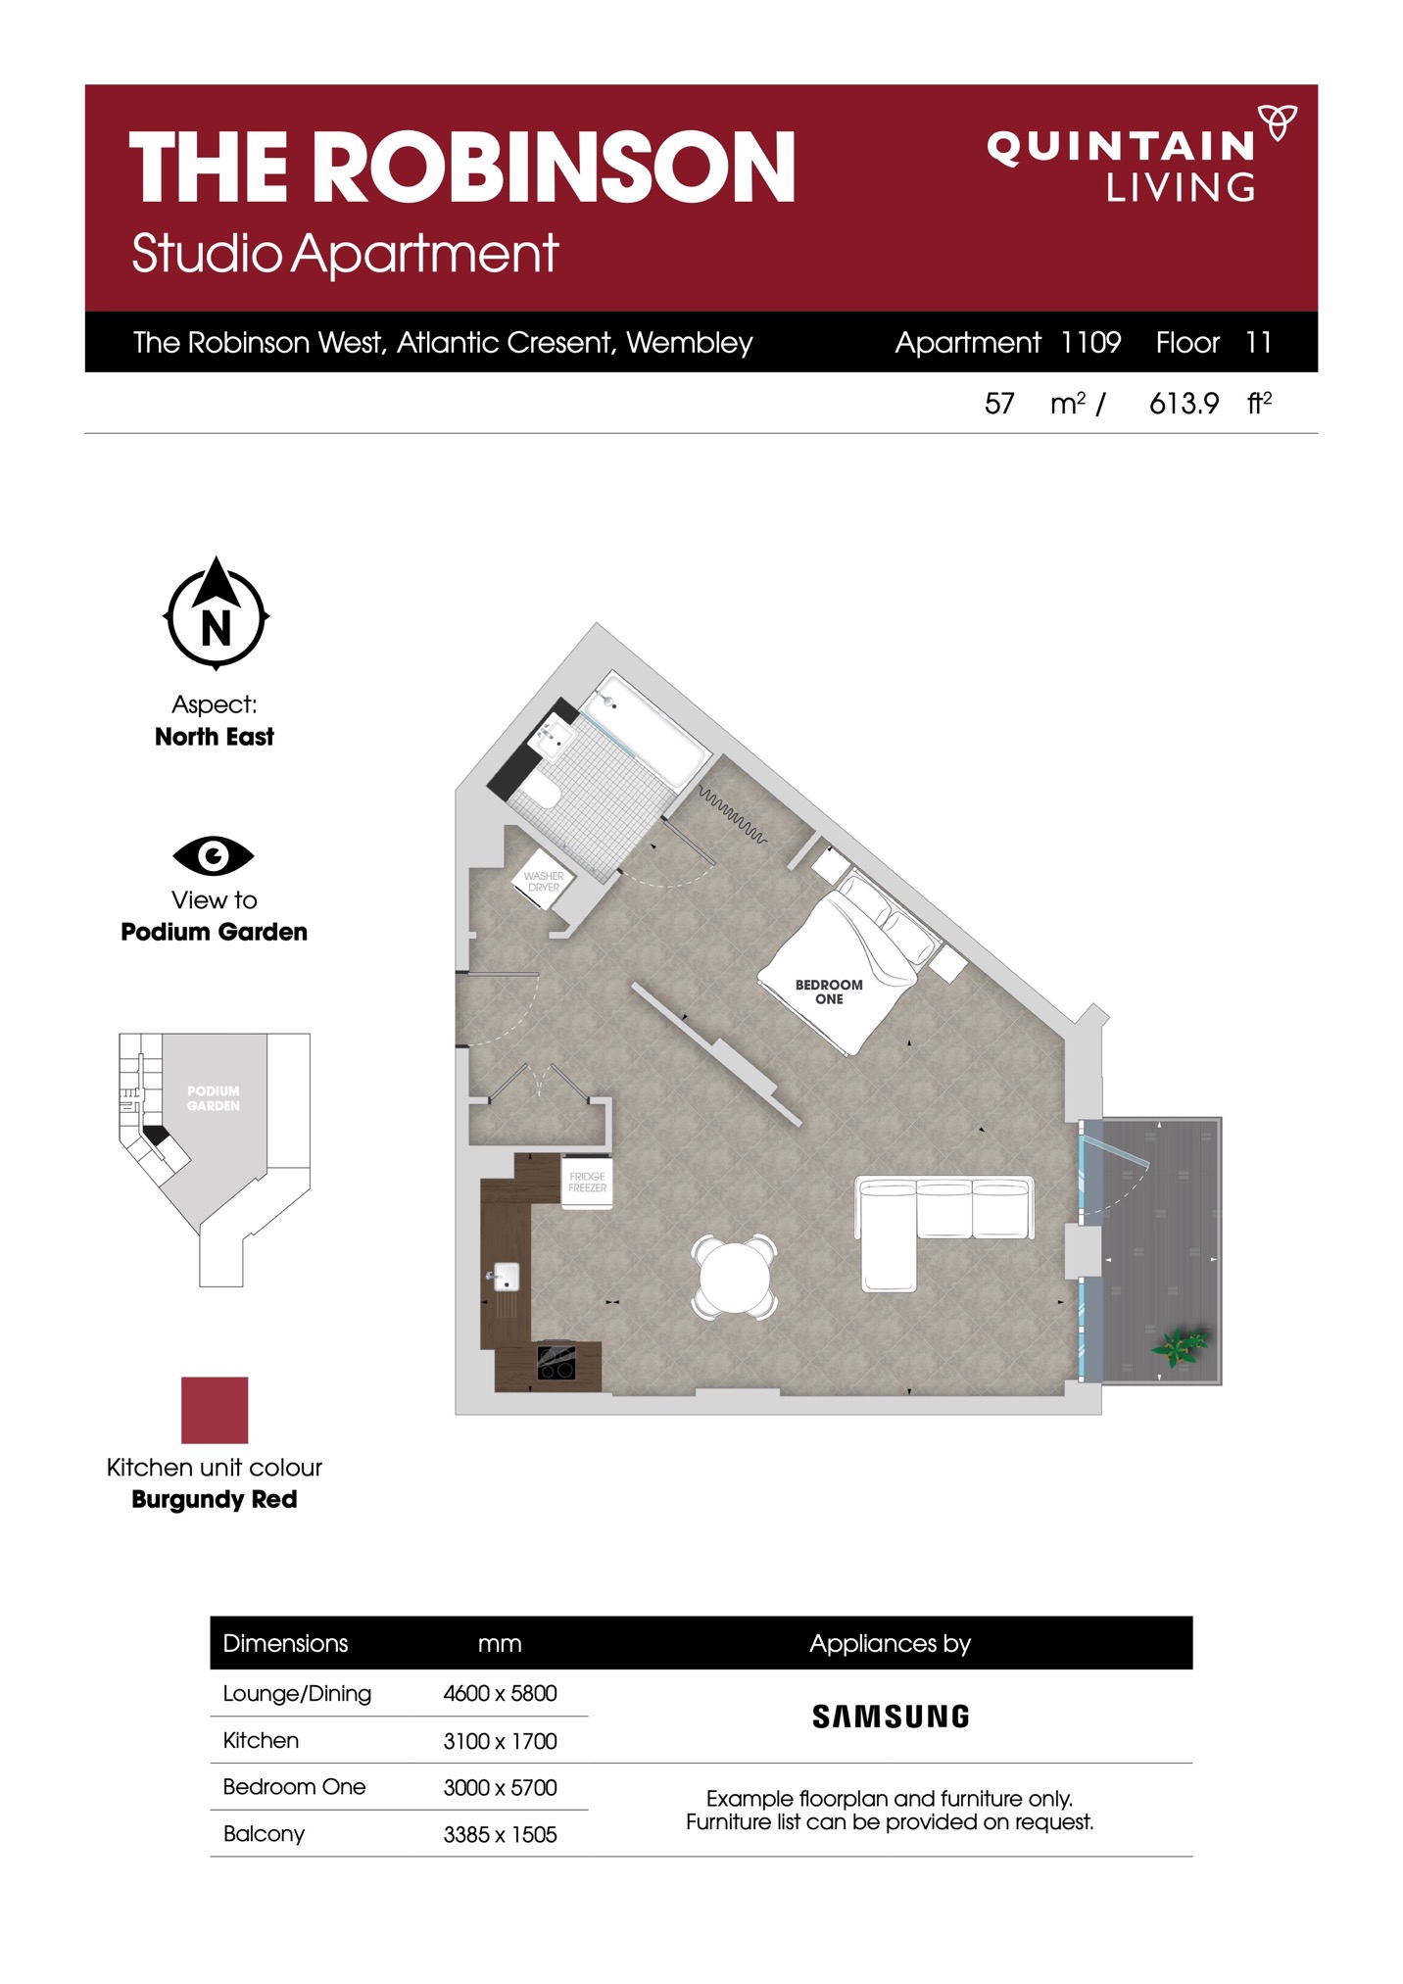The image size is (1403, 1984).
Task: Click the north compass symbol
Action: point(216,613)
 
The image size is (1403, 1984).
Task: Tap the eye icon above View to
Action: point(214,855)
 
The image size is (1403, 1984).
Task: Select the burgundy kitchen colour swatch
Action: point(215,1410)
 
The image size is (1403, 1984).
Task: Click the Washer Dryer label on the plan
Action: point(544,882)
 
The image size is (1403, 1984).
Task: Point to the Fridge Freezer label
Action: point(588,1182)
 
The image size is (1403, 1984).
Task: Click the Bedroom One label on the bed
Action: point(829,992)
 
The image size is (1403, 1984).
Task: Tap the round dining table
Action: point(735,1277)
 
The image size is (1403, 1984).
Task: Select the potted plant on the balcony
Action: point(1183,1347)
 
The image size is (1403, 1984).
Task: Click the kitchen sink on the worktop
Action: point(505,1277)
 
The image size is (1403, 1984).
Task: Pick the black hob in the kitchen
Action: point(556,1363)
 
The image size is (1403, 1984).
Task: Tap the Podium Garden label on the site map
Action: point(214,1098)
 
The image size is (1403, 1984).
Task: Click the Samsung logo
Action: point(891,1717)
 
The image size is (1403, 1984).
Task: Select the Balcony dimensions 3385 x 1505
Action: point(500,1834)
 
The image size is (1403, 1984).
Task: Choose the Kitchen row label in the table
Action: point(261,1740)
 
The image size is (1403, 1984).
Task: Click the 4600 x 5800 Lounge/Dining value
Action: point(500,1693)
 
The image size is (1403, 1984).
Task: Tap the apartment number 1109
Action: point(1091,342)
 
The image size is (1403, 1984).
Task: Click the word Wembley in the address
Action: point(690,343)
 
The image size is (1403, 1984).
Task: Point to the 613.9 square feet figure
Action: point(1184,403)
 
